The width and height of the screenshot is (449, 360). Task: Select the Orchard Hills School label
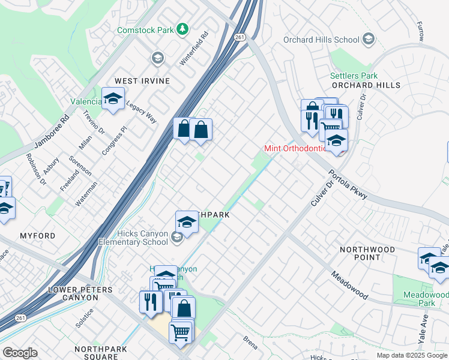pos(321,40)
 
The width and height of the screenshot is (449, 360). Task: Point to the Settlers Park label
pos(354,76)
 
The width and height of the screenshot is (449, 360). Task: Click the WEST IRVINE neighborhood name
pos(142,81)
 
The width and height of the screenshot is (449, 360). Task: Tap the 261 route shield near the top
pos(240,37)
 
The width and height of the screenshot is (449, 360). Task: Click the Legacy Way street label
pos(141,112)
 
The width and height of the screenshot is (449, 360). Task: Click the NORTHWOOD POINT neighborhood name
pos(367,253)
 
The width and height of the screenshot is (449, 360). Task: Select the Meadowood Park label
pos(426,299)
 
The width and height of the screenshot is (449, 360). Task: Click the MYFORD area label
pos(37,236)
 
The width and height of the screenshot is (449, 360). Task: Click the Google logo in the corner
pos(20,353)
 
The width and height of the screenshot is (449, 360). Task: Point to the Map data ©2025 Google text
pos(412,355)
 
